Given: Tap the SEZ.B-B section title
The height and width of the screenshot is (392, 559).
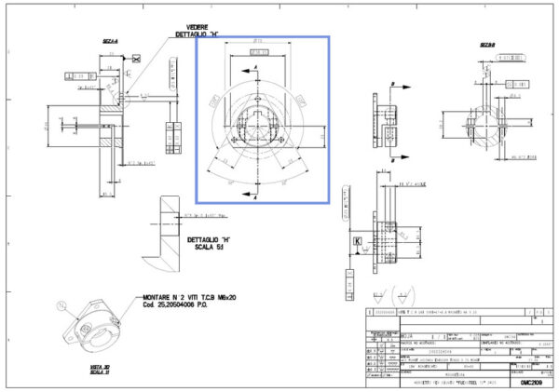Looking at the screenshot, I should point(487,45).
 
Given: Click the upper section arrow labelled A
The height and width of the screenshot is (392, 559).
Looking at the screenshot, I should point(256,70).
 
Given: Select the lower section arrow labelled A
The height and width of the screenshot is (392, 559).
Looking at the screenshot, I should point(256,191).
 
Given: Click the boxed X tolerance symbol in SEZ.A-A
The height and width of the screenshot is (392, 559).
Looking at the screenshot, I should point(137,59).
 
